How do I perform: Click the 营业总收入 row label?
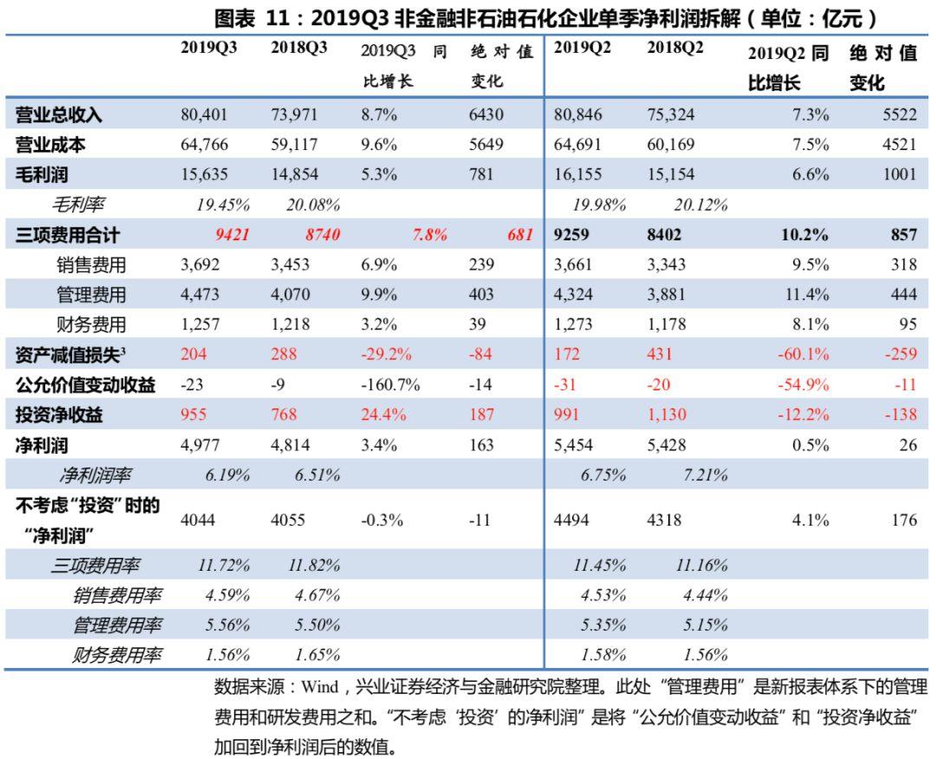(60, 115)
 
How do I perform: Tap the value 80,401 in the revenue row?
(205, 115)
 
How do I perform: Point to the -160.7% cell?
(390, 384)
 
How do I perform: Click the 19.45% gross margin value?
(224, 205)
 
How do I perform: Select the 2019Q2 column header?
(582, 50)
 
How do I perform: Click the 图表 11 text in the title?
(251, 16)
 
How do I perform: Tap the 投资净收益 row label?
(60, 415)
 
